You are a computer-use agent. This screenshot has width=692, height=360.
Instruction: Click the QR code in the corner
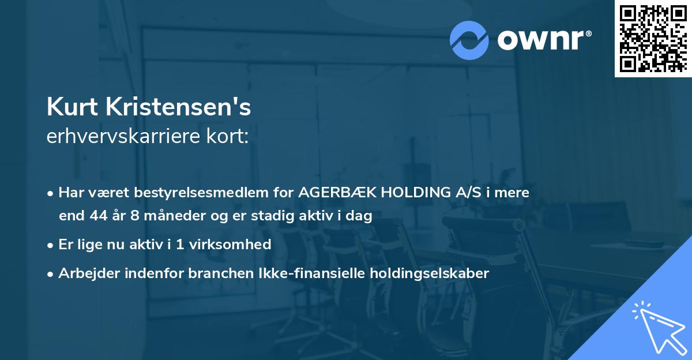pos(653,38)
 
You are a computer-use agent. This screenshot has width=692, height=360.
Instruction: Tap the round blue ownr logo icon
pos(469,40)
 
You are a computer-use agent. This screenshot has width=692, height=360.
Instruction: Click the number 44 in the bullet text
pos(95,216)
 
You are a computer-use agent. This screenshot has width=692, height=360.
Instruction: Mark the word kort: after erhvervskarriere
pos(229,137)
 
